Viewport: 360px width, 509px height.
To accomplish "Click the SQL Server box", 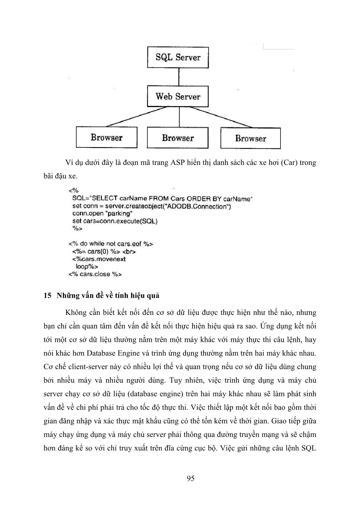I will [178, 57].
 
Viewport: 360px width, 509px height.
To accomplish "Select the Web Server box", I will [178, 96].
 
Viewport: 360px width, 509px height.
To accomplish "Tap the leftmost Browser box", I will [106, 137].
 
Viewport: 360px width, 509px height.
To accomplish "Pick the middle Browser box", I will [178, 138].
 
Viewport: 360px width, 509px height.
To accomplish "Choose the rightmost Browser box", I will [250, 138].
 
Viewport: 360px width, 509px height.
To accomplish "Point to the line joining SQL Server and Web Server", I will [178, 77].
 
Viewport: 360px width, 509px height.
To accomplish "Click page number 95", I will [191, 478].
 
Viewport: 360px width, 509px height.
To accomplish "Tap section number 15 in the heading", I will [47, 295].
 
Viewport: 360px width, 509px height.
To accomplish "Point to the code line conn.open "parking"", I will [102, 214].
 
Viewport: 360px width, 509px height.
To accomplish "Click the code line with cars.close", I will [95, 274].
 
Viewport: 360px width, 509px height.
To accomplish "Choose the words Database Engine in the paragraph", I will [108, 353].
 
